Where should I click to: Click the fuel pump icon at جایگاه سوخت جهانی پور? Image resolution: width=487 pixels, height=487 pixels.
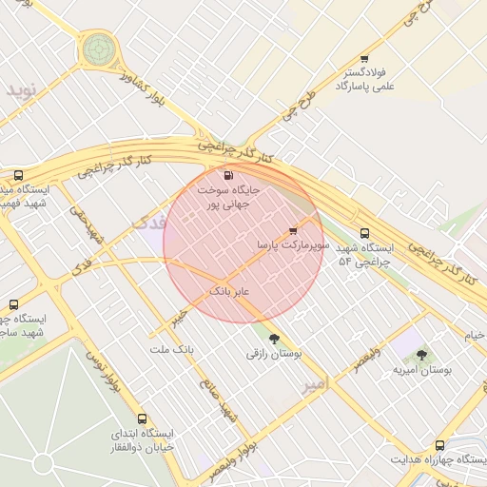tap(226, 175)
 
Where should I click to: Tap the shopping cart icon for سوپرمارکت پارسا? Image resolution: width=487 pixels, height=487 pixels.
tap(293, 231)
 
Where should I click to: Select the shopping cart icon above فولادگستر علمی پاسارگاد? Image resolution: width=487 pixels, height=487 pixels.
tap(364, 59)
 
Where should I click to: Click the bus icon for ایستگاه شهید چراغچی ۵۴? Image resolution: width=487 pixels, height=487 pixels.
tap(364, 234)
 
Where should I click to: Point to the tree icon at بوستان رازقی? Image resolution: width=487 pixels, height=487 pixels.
tap(274, 338)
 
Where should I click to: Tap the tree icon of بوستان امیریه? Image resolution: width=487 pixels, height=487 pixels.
tap(421, 355)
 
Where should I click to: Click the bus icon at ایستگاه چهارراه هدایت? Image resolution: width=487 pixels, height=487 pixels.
tap(439, 445)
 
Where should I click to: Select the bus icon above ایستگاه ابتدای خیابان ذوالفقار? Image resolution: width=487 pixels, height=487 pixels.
tap(142, 419)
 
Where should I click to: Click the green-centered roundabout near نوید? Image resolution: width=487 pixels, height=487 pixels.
tap(97, 48)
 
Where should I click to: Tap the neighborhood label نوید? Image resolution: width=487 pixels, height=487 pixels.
tap(21, 90)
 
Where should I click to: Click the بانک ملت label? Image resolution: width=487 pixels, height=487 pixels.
tap(171, 349)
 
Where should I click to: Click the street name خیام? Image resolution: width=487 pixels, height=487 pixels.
tap(474, 335)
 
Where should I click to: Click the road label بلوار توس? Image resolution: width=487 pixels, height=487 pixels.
tap(106, 371)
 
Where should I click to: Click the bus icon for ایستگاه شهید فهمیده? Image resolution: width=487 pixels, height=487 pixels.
tap(19, 176)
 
